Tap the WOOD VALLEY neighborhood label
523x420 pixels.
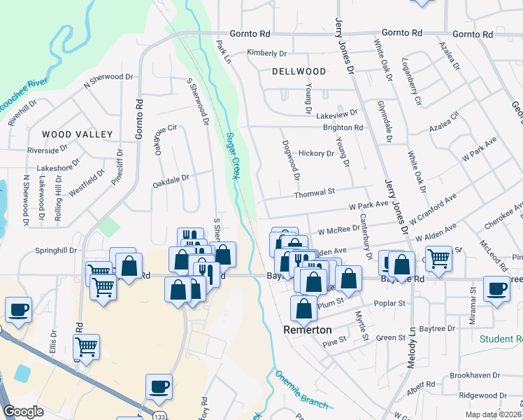(77, 134)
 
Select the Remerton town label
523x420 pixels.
(307, 329)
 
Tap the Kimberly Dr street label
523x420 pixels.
(267, 53)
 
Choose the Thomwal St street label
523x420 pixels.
(315, 190)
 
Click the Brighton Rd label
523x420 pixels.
(343, 128)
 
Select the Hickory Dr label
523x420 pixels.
(316, 153)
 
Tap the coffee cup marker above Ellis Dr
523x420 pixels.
(18, 309)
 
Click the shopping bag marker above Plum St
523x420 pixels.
(303, 309)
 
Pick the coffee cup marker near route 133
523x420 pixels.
(159, 386)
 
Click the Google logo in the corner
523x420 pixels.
(23, 411)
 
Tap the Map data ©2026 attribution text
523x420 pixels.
(493, 414)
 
